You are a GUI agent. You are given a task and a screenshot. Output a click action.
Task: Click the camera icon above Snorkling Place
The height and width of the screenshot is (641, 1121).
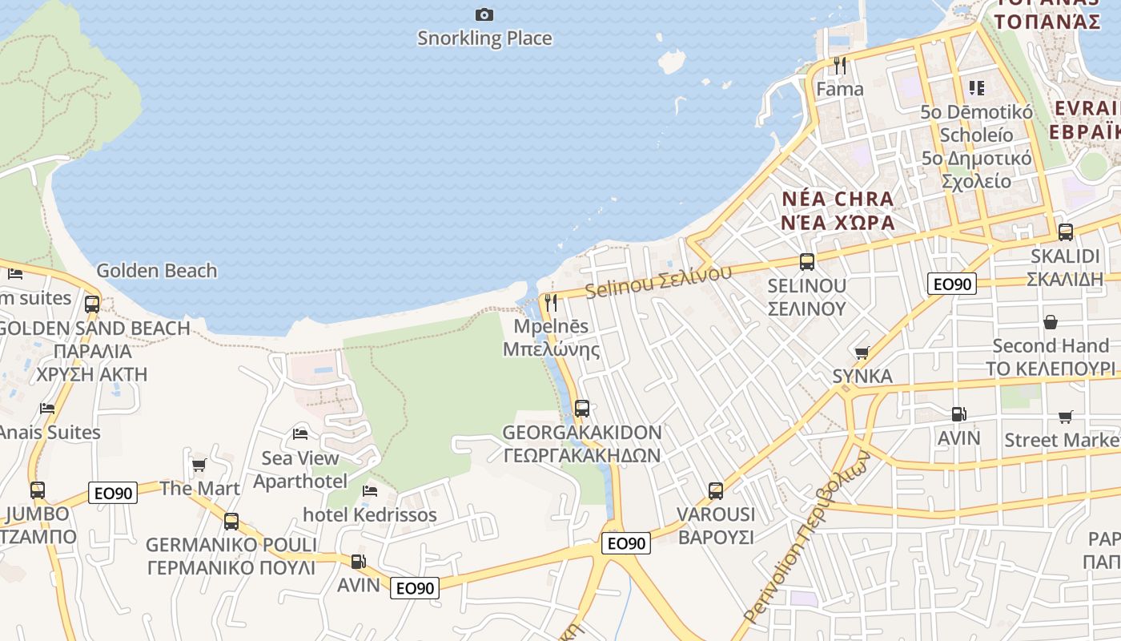tap(484, 14)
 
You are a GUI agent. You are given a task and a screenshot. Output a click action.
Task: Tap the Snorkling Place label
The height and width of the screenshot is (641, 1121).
tap(484, 38)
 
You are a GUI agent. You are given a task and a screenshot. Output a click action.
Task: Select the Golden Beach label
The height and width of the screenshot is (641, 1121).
tap(156, 271)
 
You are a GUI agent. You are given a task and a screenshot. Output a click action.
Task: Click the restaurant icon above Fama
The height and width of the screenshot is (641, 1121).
tap(839, 66)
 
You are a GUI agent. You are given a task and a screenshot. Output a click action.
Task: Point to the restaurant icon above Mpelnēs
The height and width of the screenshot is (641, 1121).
tap(551, 302)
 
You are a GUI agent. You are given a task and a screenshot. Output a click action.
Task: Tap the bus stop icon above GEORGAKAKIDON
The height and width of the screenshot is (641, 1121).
tap(582, 408)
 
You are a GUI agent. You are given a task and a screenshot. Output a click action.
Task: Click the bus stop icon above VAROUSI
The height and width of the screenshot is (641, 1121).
tap(716, 490)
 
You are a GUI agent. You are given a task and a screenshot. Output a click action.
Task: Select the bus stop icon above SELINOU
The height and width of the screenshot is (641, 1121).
tap(807, 261)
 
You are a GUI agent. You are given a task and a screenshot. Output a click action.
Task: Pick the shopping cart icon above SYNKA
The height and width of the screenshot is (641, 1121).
tap(862, 353)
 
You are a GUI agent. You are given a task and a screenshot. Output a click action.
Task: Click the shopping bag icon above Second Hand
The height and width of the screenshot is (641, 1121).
tap(1051, 322)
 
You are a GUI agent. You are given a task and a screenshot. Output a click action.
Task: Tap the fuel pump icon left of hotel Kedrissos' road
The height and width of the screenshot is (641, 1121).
tap(359, 562)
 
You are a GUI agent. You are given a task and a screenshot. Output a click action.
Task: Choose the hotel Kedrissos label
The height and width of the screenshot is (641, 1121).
tap(370, 514)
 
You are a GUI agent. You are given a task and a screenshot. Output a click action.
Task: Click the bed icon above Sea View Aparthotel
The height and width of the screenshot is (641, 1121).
tap(300, 433)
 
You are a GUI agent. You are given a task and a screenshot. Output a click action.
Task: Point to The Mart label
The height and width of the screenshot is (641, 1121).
tap(199, 488)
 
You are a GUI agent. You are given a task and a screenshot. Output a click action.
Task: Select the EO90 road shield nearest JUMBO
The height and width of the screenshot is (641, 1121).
tap(115, 493)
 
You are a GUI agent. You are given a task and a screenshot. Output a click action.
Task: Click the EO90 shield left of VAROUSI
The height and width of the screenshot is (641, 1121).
tap(625, 543)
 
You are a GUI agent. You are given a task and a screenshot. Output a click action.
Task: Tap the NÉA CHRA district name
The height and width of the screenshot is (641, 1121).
tap(838, 199)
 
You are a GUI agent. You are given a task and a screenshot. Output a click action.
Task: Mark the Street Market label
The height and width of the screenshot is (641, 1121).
tap(1062, 440)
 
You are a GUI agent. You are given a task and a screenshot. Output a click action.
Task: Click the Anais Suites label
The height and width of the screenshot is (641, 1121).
tap(50, 432)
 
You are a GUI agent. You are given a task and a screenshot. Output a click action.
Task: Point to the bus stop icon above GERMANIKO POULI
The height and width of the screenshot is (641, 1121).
tap(231, 521)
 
